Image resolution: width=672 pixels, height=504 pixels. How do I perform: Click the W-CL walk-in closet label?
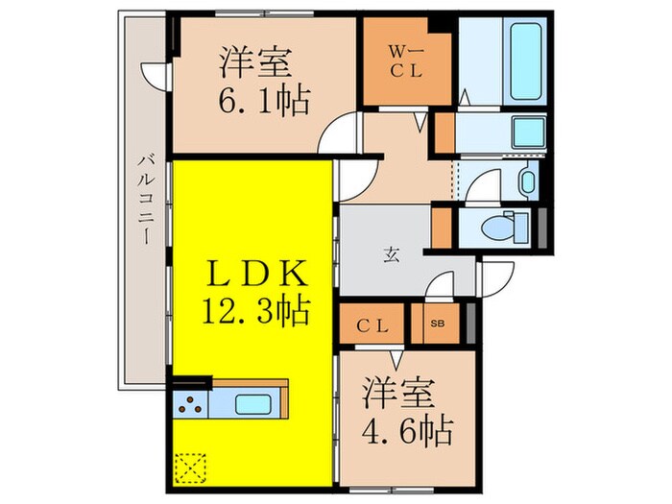404,59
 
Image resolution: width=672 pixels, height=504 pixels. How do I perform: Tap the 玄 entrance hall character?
393,254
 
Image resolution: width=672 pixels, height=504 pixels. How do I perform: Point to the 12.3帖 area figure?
255,312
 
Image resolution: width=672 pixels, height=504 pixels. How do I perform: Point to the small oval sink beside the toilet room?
526,180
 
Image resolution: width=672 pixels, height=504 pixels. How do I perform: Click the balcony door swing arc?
154,75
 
